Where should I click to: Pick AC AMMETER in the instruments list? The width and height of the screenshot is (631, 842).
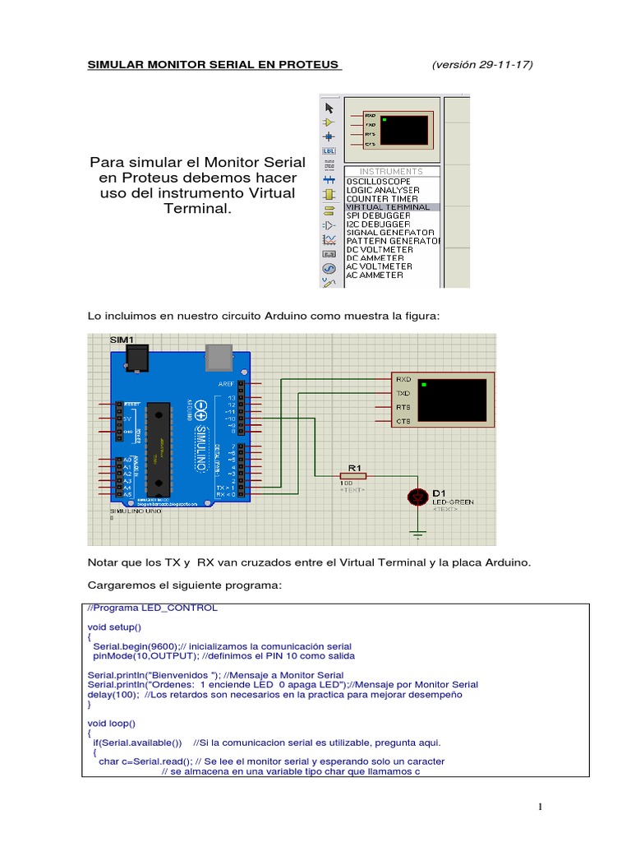pos(375,275)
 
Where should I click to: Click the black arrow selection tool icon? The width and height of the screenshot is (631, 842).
pos(329,108)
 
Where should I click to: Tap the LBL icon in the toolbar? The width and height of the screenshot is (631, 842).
pos(329,151)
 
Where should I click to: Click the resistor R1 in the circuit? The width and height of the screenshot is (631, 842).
pos(353,475)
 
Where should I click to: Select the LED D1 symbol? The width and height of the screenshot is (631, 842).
pos(418,496)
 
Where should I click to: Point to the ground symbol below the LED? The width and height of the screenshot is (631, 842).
pos(418,535)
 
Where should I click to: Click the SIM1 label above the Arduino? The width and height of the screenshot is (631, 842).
pos(122,339)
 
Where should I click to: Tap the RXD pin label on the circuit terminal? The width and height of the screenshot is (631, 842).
pos(403,379)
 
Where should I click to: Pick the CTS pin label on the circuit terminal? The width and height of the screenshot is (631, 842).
pos(403,421)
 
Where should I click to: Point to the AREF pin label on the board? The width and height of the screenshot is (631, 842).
pos(227,384)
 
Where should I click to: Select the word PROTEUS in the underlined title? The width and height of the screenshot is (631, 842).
pos(309,65)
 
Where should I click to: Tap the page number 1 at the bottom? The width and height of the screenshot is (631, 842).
pos(541,807)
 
